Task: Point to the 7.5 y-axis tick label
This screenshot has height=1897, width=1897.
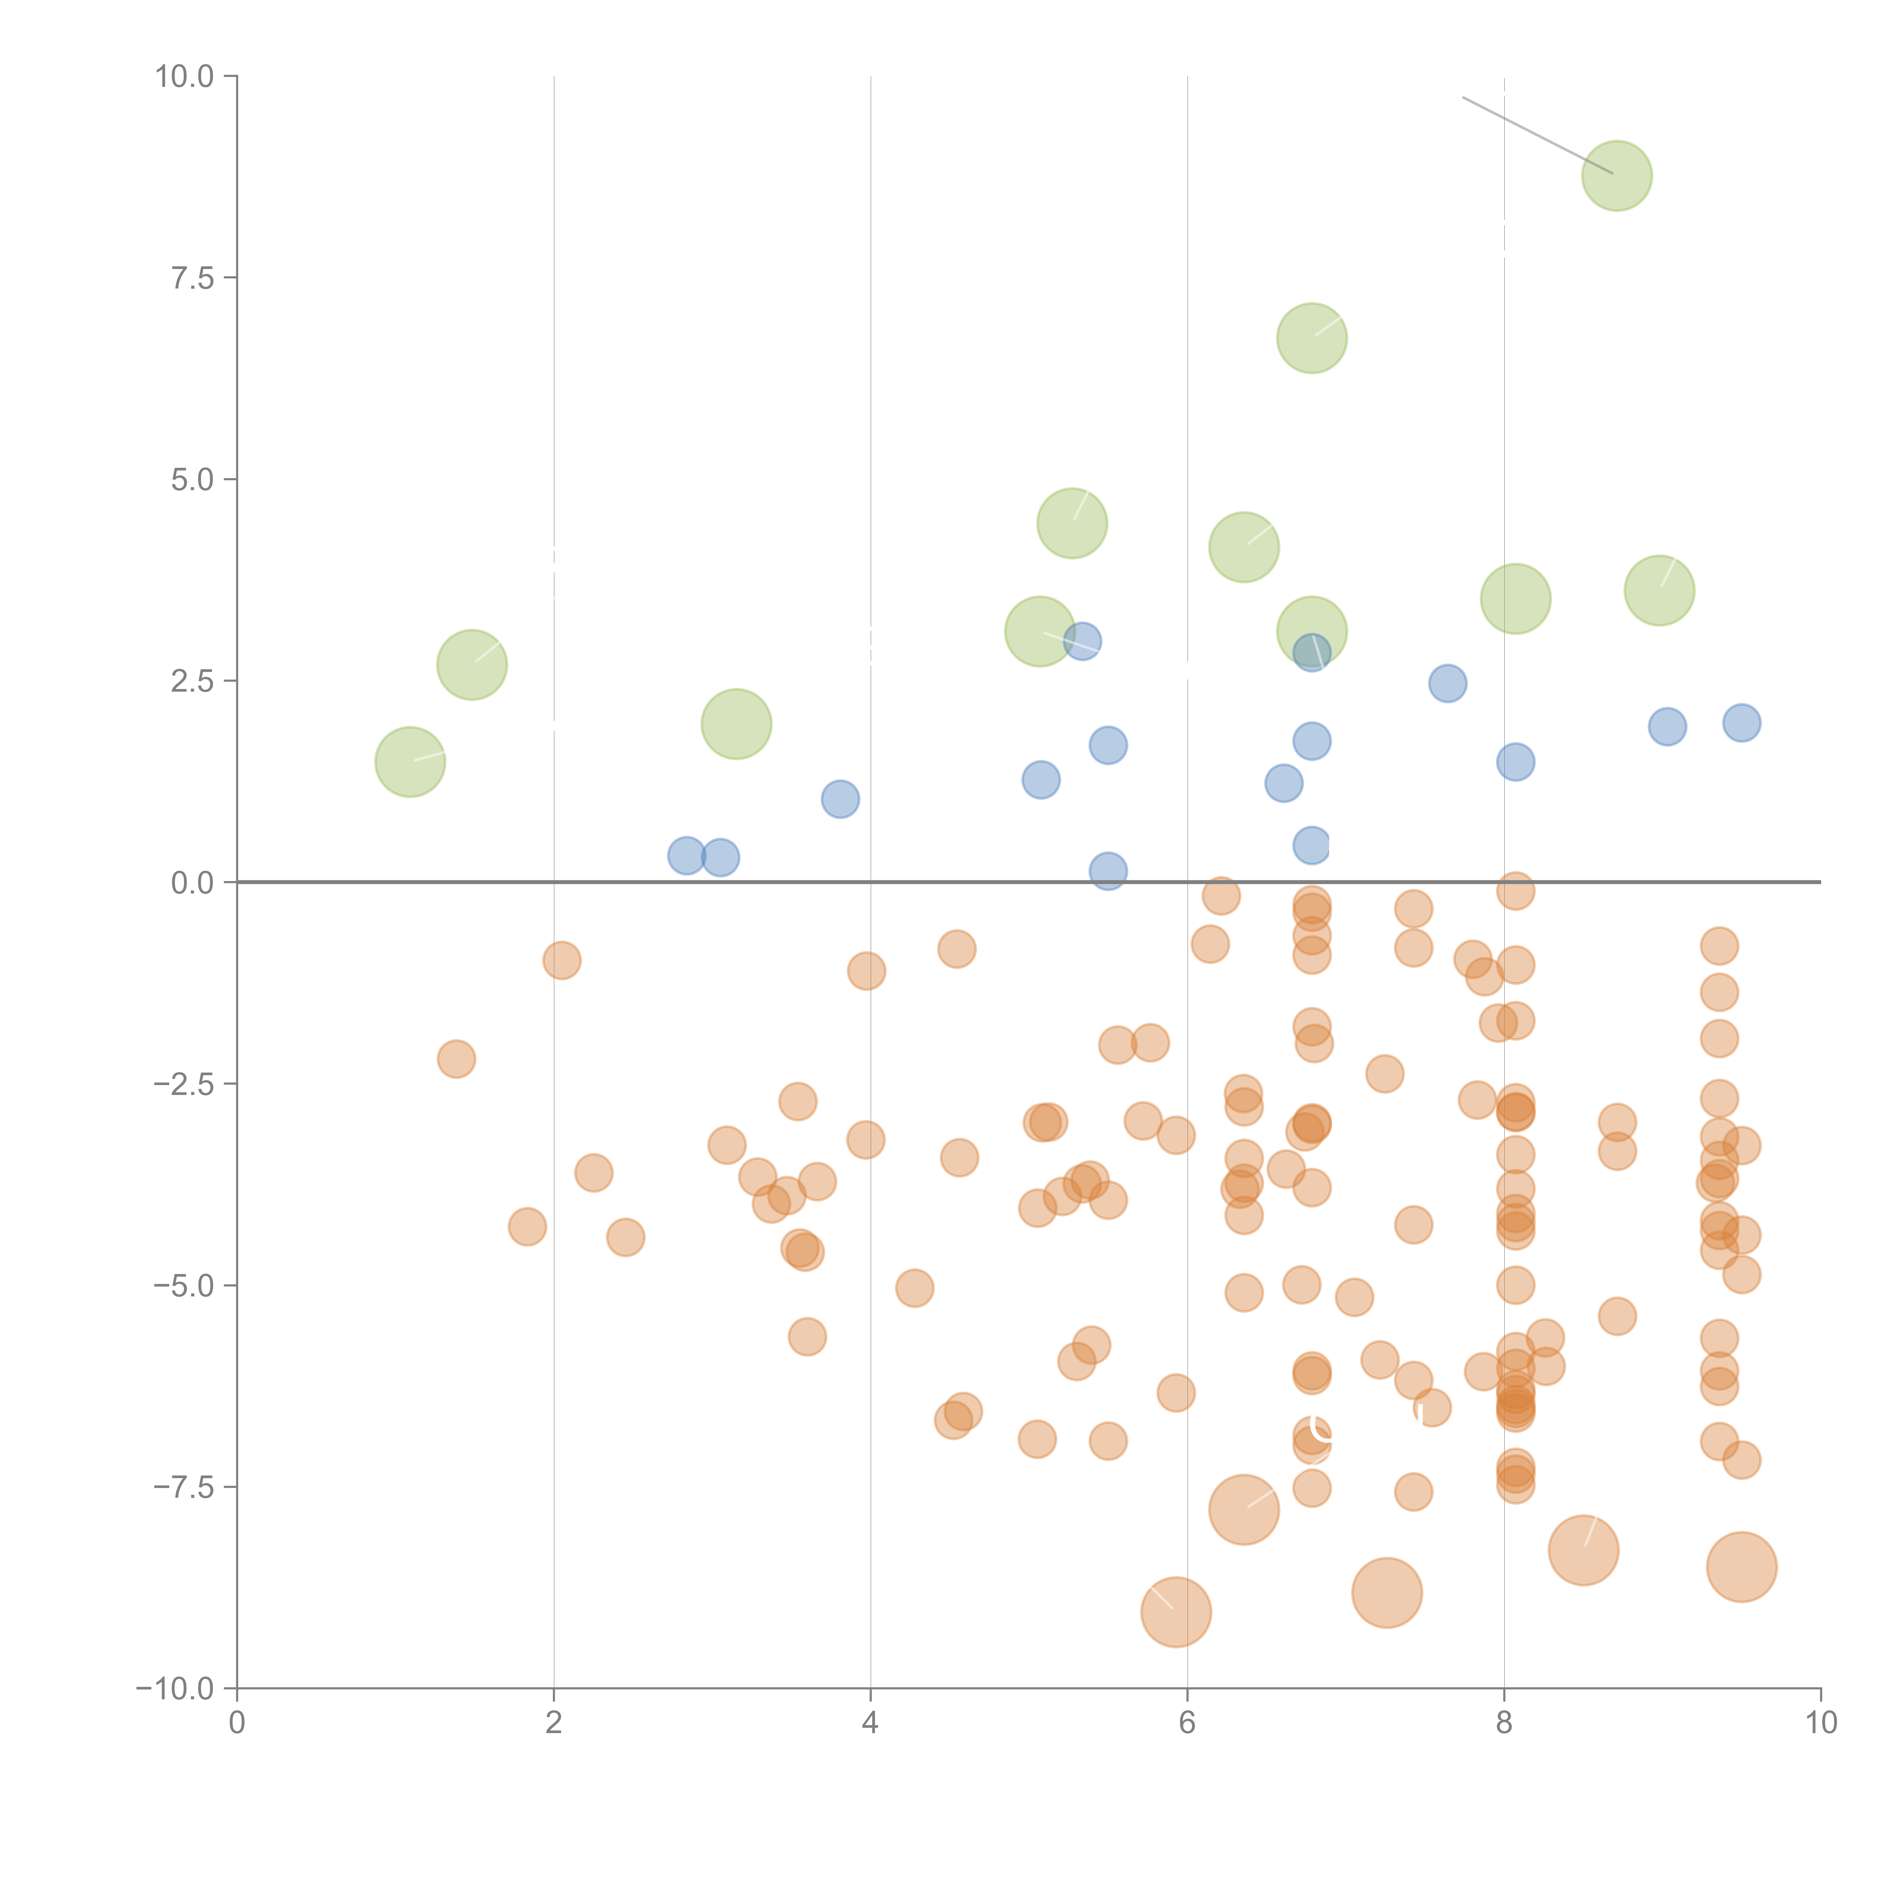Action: pyautogui.click(x=192, y=278)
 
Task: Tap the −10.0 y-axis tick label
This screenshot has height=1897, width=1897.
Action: pyautogui.click(x=175, y=1689)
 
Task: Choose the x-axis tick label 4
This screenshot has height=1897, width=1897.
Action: pyautogui.click(x=870, y=1723)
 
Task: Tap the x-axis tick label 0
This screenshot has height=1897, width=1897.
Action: pyautogui.click(x=237, y=1723)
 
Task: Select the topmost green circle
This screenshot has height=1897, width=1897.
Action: pyautogui.click(x=1616, y=176)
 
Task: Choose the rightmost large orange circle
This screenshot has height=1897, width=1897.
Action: pyautogui.click(x=1741, y=1567)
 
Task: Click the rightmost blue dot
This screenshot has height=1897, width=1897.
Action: pyautogui.click(x=1741, y=723)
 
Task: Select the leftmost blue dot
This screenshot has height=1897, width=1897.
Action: pyautogui.click(x=686, y=855)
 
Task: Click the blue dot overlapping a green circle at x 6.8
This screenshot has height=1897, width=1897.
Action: pyautogui.click(x=1312, y=653)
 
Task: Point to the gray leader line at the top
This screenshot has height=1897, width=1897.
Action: pyautogui.click(x=1537, y=135)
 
